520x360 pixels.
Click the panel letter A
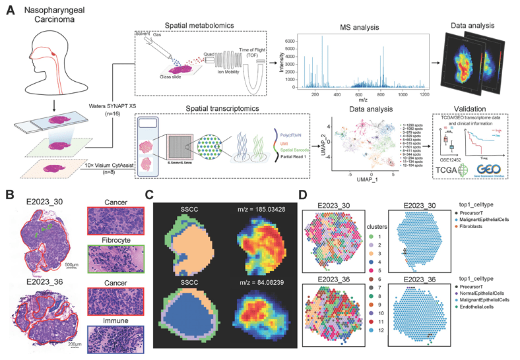tap(9, 10)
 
